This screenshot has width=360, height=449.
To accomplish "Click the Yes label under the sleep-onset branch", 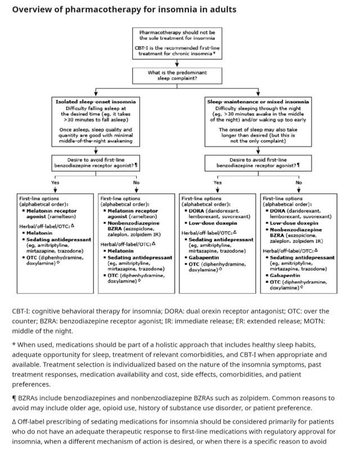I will tap(55, 182).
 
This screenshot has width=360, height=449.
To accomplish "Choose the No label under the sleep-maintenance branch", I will tap(299, 182).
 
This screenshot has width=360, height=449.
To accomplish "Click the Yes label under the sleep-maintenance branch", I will tap(217, 182).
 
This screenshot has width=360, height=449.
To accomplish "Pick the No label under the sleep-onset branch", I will tap(136, 182).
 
